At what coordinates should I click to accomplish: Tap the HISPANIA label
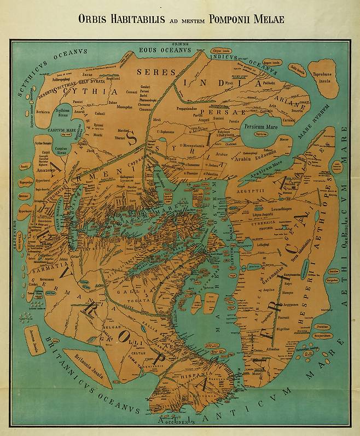[x=200, y=373]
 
